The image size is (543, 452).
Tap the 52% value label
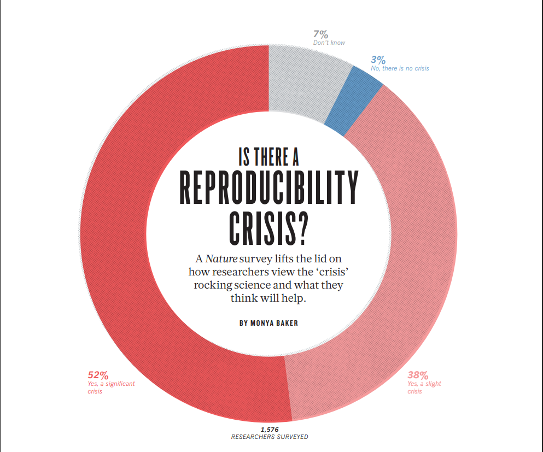click(x=98, y=375)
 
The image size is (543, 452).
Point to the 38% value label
click(x=417, y=375)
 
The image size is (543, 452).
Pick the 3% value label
click(x=378, y=60)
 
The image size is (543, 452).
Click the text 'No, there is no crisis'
click(x=400, y=68)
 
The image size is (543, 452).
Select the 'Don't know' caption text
click(x=329, y=43)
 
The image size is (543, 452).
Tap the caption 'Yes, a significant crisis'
click(x=111, y=388)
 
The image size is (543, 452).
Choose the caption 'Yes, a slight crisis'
click(x=424, y=388)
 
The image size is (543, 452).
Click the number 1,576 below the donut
click(x=270, y=430)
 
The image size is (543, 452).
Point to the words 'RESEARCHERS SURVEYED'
click(x=270, y=437)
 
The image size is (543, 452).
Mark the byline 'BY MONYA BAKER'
click(x=268, y=323)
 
